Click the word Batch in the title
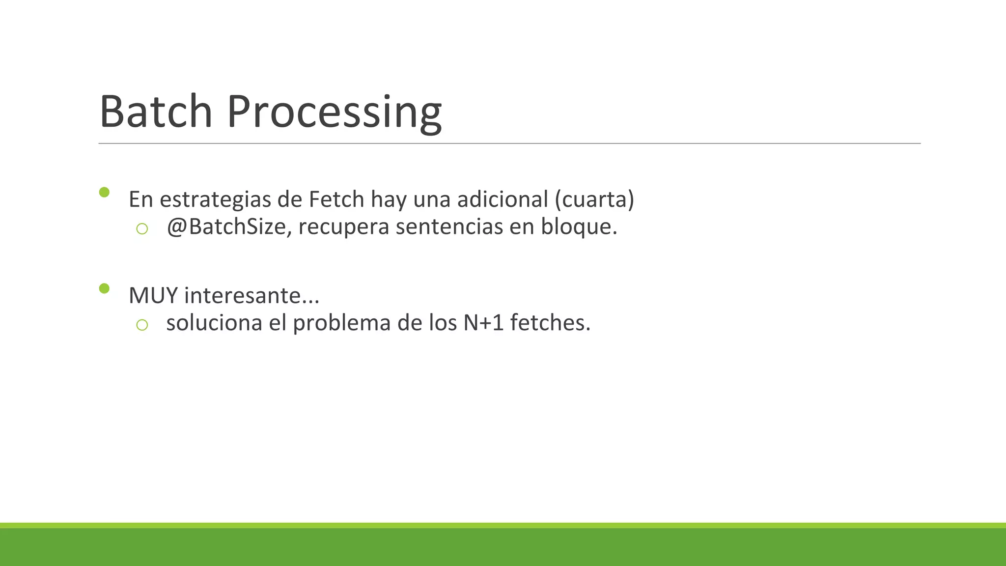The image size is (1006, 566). (x=156, y=112)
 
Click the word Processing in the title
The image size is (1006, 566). (x=334, y=113)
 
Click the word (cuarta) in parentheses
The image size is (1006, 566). (x=594, y=199)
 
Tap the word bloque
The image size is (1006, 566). (x=578, y=227)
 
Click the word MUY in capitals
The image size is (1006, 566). (x=153, y=296)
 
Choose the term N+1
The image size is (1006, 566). (x=483, y=323)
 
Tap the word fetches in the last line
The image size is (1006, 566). (x=549, y=323)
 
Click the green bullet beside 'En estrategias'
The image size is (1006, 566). (x=104, y=192)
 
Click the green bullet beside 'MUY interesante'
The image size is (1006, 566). (x=104, y=288)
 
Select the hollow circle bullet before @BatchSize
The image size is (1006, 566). (x=142, y=228)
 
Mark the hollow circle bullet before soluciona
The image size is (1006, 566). (x=142, y=325)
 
